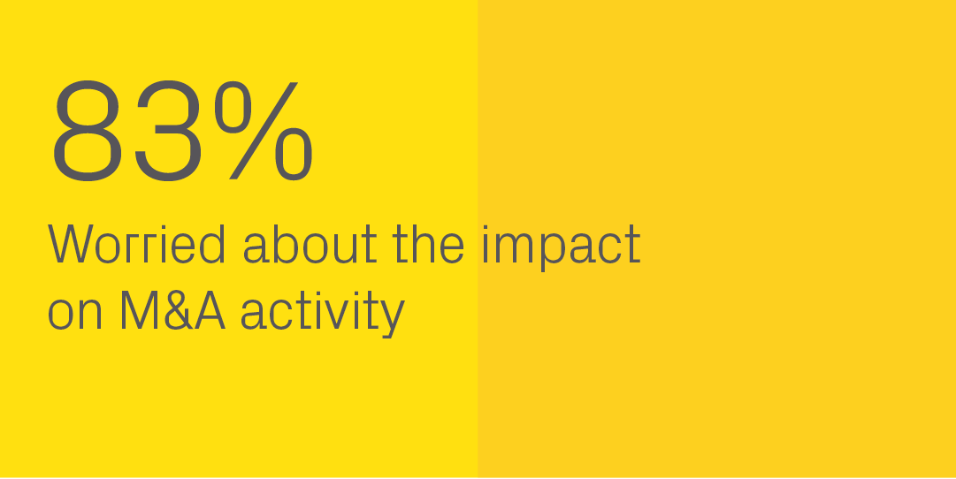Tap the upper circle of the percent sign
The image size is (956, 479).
coord(233,107)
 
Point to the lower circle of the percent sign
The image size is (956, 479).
coord(294,154)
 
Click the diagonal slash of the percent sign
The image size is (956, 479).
coord(264,131)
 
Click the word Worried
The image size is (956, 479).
coord(136,244)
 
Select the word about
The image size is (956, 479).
coord(310,244)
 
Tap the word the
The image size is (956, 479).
coord(428,244)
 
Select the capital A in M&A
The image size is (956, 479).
coord(210,310)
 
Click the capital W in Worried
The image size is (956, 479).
coord(71,244)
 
